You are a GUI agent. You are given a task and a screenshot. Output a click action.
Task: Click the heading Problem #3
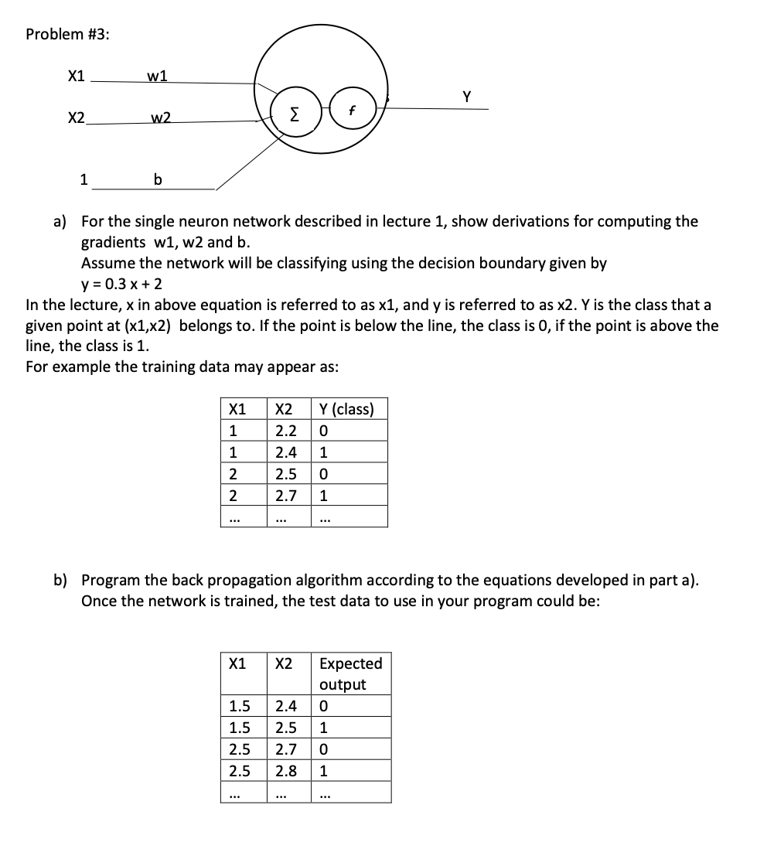(67, 34)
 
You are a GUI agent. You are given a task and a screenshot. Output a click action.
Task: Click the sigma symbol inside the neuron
(294, 117)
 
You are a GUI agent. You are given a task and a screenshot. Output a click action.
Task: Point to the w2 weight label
(161, 118)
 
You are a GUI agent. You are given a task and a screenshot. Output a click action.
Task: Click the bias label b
(158, 180)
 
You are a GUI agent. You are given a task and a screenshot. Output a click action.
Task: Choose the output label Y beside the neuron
(466, 97)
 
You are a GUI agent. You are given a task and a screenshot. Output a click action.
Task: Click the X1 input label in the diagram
(76, 76)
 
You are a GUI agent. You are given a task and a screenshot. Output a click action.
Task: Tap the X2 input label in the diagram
(76, 118)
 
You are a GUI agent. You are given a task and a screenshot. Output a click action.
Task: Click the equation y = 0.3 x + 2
(121, 284)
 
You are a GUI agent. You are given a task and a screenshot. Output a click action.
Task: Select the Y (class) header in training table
(346, 409)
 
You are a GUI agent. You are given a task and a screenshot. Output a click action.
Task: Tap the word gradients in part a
(114, 242)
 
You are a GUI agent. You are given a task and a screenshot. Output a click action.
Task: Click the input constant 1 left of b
(84, 180)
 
